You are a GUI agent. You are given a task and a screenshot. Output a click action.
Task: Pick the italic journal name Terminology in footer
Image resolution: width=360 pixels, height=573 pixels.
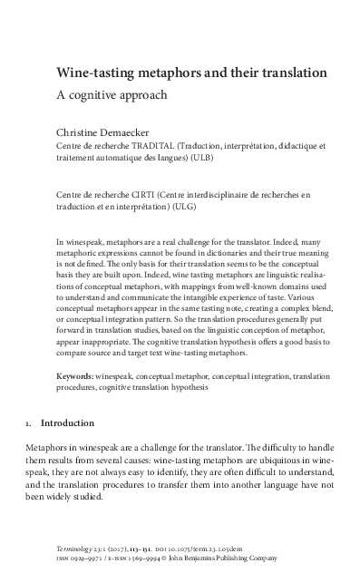point(78,550)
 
